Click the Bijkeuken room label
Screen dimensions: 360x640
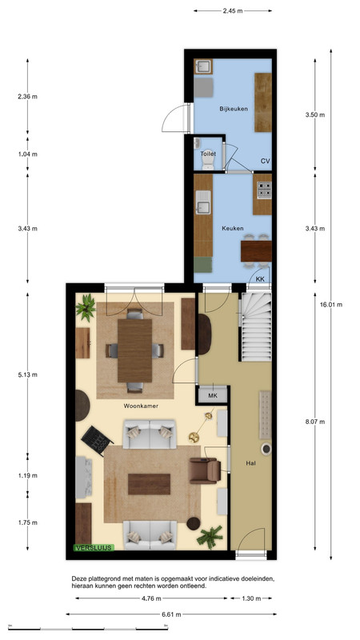click(234, 109)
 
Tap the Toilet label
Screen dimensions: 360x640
click(208, 154)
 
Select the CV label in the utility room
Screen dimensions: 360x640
click(266, 162)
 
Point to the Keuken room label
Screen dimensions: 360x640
click(233, 228)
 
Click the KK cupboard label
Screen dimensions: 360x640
click(259, 279)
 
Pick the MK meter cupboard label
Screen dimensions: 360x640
click(213, 395)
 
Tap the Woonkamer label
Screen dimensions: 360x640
click(141, 406)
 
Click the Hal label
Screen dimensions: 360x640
click(251, 463)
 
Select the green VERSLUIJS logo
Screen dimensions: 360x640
click(94, 548)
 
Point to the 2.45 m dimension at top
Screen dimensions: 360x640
click(233, 11)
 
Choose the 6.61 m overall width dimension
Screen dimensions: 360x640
click(171, 614)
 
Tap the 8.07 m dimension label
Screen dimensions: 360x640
click(315, 422)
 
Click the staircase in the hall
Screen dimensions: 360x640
click(256, 326)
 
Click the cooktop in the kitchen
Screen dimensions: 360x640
click(264, 190)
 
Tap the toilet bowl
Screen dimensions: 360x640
click(208, 162)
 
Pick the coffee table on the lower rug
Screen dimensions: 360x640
click(149, 484)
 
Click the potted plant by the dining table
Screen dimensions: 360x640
click(86, 307)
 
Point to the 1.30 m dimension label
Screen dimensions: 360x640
click(250, 598)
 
